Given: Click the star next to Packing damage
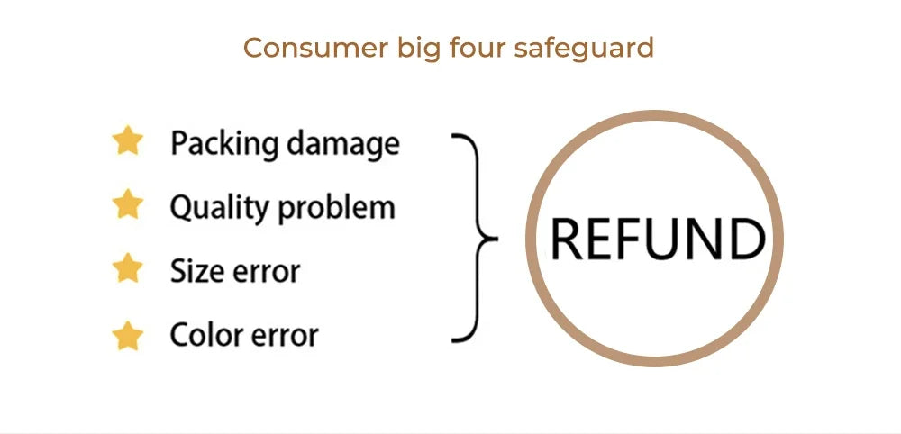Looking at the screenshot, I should click(x=128, y=141).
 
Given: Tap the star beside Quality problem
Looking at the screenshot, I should click(x=128, y=204).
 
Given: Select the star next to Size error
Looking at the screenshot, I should click(x=128, y=268).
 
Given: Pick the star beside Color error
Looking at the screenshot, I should click(x=128, y=336).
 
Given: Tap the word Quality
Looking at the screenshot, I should click(x=219, y=207).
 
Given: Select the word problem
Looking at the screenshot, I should click(x=336, y=207).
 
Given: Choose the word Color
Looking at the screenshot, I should click(x=202, y=336).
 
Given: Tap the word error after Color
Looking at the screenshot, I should click(x=282, y=337).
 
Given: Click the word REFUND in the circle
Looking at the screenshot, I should click(x=657, y=240).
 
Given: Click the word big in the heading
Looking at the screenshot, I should click(x=421, y=49).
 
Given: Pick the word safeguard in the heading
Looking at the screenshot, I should click(x=584, y=49).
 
